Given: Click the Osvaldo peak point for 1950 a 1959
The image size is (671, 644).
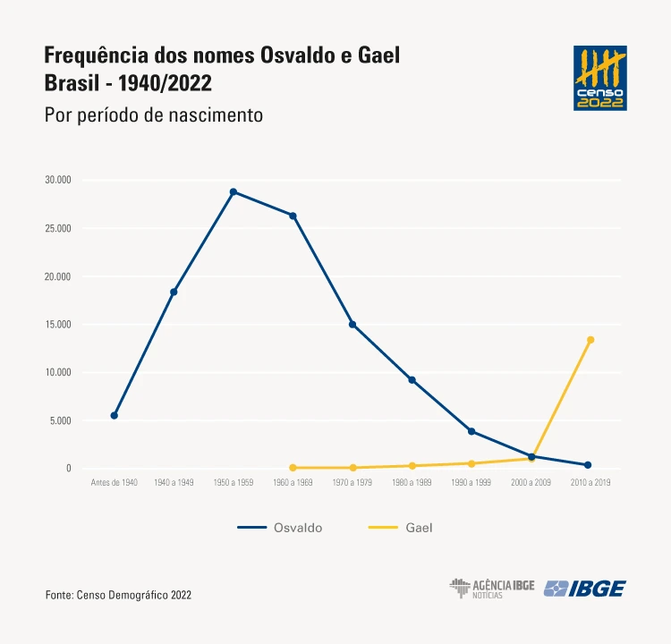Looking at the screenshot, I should click(x=234, y=191).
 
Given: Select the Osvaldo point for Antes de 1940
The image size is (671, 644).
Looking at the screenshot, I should click(x=115, y=415).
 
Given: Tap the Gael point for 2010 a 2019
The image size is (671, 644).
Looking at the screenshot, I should click(x=590, y=340).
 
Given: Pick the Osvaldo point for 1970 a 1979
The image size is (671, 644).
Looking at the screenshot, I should click(x=352, y=324).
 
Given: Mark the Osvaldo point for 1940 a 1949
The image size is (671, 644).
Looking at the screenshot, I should click(x=174, y=292).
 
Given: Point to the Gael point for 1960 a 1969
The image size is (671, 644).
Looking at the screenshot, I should click(x=293, y=467).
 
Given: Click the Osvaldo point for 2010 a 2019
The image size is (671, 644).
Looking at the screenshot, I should click(x=588, y=465).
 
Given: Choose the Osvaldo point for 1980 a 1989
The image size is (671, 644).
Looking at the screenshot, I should click(x=412, y=379).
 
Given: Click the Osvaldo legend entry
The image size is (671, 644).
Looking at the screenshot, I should click(x=280, y=528).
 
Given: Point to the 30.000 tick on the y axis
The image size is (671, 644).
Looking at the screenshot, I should click(x=57, y=180).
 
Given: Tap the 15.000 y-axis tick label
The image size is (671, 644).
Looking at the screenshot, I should click(x=57, y=324).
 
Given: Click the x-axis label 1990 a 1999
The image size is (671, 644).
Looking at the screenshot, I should click(x=471, y=483).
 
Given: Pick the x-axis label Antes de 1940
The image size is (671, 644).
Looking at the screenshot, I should click(x=115, y=483).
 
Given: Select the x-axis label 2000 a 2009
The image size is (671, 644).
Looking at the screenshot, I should click(x=531, y=483).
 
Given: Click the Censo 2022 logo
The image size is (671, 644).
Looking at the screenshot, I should click(x=600, y=78).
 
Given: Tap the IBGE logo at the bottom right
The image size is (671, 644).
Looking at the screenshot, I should click(x=585, y=589).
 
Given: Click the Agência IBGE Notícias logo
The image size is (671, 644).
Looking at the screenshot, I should click(x=491, y=589).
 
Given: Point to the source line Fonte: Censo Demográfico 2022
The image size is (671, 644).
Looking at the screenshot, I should click(x=118, y=595).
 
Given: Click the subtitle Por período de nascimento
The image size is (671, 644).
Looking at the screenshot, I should click(x=153, y=115).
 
